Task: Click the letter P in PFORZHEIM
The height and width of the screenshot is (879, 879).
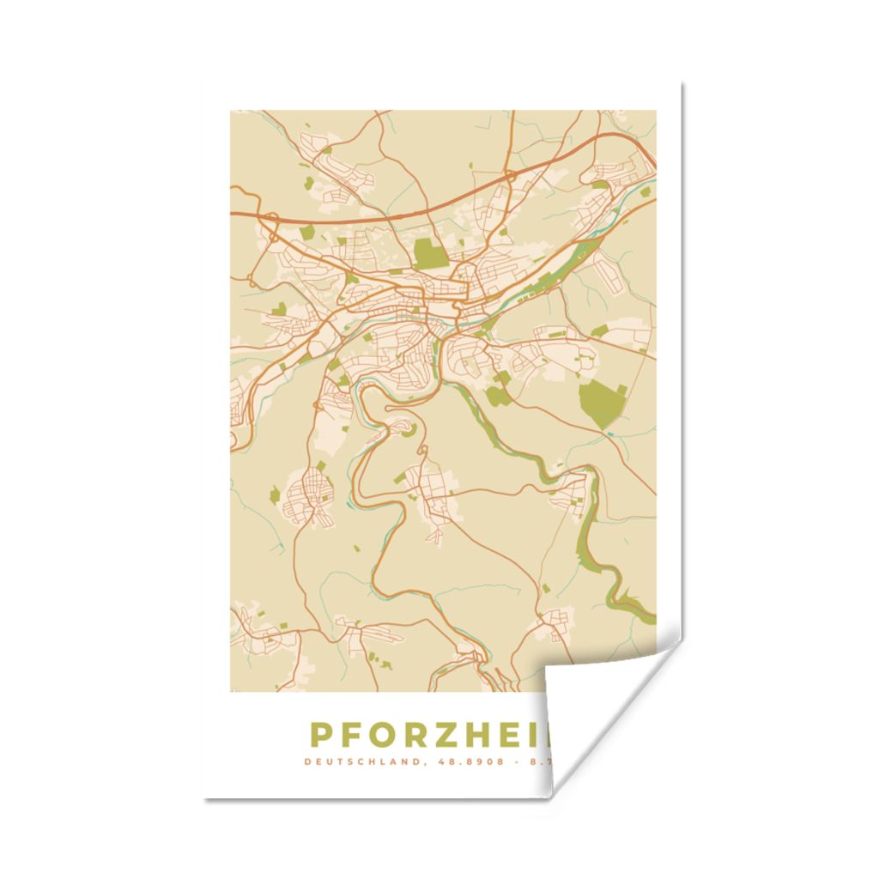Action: point(320,736)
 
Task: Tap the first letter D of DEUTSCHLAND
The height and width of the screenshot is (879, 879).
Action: point(307,761)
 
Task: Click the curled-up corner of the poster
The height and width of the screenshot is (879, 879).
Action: point(601,704)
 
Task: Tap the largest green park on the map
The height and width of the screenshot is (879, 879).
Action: point(603,402)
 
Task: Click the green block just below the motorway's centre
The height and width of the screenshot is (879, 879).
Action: point(431,254)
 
